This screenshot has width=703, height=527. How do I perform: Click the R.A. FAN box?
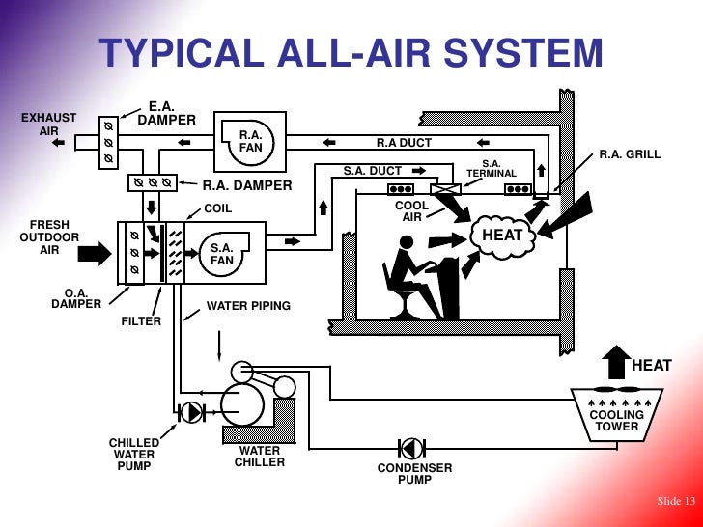coord(252,142)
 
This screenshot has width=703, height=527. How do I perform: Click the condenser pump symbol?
coord(410,448)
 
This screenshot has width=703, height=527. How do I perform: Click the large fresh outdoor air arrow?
coord(97,254)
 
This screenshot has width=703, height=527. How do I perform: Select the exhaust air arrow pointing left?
coord(59,142)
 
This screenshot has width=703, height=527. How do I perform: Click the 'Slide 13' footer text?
coord(675,500)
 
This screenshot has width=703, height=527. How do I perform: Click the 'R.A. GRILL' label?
coord(630,153)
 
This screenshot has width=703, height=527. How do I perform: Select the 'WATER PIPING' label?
coord(248,306)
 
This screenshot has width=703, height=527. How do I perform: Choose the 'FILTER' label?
coord(141,321)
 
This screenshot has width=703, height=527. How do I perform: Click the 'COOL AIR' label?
coord(411,211)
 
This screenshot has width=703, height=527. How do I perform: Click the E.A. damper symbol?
coord(109,142)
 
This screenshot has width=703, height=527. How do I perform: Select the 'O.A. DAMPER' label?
coord(76,298)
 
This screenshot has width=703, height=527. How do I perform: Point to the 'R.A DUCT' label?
coord(404,143)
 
